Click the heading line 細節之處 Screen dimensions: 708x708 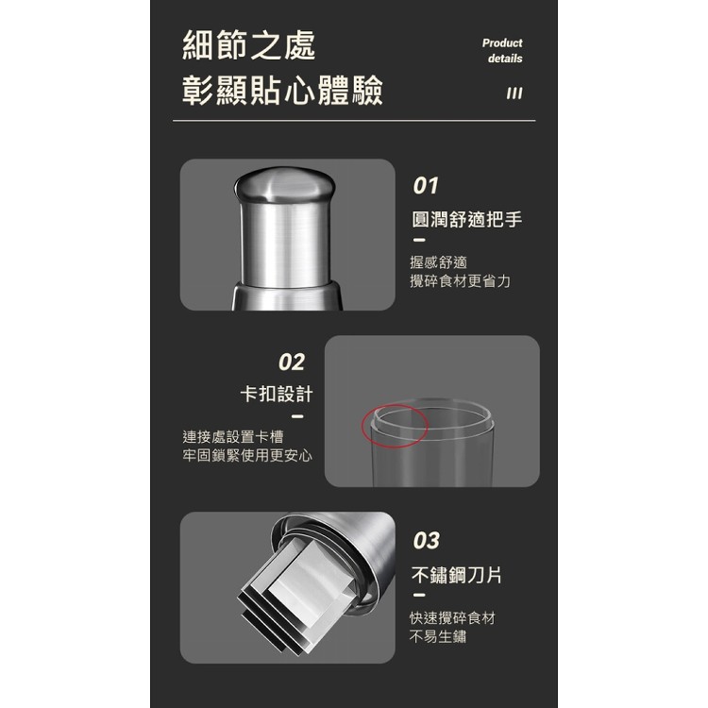click(x=249, y=44)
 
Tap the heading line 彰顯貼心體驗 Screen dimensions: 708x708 click(x=283, y=93)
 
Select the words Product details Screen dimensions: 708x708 click(x=502, y=51)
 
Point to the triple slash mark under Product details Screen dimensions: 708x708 click(x=514, y=93)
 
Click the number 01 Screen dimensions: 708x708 click(x=427, y=185)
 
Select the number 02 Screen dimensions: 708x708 click(x=292, y=362)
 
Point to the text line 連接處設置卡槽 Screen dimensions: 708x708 click(x=233, y=437)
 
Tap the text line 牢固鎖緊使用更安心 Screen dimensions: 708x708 click(x=247, y=456)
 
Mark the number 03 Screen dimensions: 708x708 click(x=427, y=540)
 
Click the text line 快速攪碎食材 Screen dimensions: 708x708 click(x=452, y=618)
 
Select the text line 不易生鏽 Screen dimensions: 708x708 click(x=438, y=637)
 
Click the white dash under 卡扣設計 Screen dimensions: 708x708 click(x=297, y=416)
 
